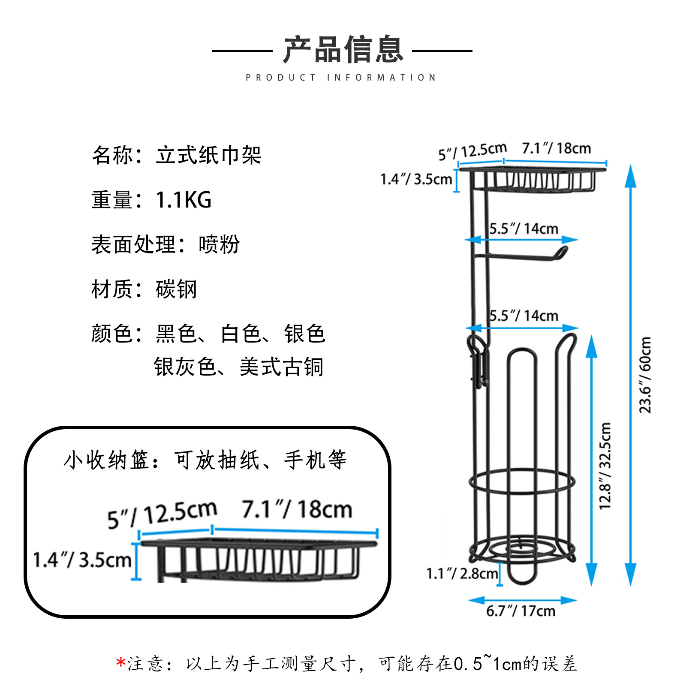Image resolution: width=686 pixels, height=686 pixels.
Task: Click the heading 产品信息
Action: (x=343, y=50)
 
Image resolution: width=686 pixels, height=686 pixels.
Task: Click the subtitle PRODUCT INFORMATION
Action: (x=341, y=78)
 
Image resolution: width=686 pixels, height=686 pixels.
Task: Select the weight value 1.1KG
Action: (x=184, y=200)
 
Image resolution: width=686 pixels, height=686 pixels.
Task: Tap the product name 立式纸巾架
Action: (x=208, y=155)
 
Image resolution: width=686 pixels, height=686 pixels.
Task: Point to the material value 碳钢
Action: (x=176, y=289)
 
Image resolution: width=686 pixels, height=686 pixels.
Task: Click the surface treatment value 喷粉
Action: (x=219, y=244)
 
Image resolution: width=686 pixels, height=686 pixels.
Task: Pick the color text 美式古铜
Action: (x=281, y=367)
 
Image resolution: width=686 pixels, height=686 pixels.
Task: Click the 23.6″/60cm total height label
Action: (x=645, y=375)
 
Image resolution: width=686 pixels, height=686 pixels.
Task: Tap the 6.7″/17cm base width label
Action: (x=521, y=611)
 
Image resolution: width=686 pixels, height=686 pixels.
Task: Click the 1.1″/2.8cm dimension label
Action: (x=462, y=573)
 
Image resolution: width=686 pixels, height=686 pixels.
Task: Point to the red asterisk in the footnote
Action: (x=120, y=663)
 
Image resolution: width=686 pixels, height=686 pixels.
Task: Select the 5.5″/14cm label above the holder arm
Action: (x=524, y=229)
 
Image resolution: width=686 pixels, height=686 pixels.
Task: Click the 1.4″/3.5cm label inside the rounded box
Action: (x=82, y=560)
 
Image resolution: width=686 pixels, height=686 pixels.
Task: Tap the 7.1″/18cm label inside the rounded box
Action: (x=297, y=509)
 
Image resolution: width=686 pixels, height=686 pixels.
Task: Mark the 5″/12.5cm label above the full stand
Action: (x=472, y=151)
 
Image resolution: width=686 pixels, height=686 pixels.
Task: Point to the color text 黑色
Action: (x=176, y=334)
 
